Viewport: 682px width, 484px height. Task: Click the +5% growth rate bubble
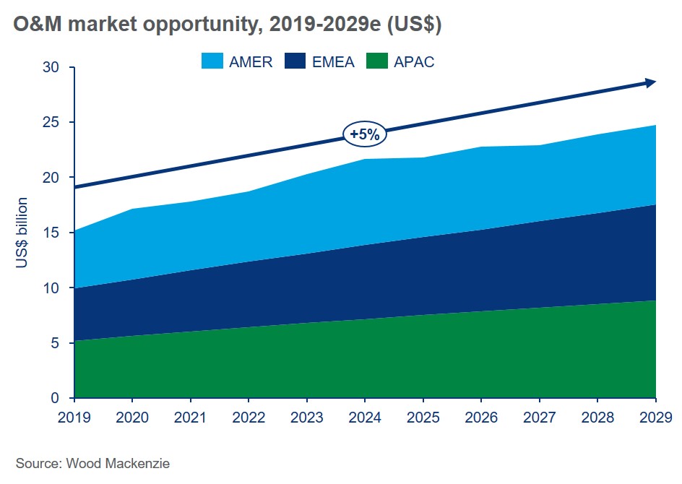[366, 134]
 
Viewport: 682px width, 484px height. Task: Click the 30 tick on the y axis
[58, 67]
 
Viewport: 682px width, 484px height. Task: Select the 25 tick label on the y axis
[58, 122]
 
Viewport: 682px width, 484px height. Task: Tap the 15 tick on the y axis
[58, 233]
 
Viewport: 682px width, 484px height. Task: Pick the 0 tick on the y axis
[61, 398]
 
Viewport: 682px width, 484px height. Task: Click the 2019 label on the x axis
[74, 417]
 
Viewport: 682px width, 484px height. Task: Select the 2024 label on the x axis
[365, 417]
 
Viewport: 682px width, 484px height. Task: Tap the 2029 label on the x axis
[655, 417]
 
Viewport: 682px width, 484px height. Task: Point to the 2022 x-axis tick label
[249, 417]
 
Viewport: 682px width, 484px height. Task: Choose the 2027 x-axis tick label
[539, 417]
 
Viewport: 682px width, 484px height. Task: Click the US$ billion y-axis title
[22, 233]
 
